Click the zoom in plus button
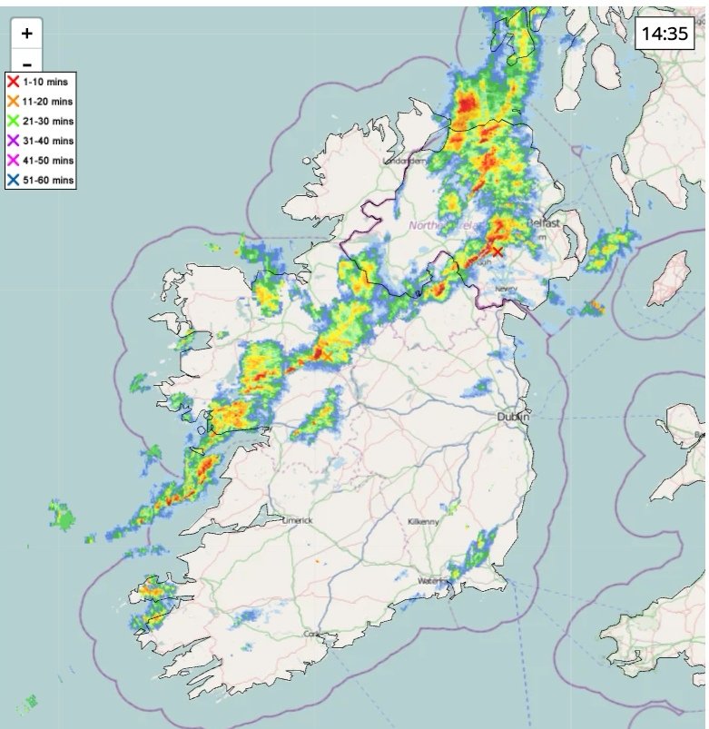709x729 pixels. (27, 34)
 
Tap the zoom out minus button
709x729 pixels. (27, 64)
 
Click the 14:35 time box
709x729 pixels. (664, 34)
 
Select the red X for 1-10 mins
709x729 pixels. (13, 82)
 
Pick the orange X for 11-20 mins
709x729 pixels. (13, 101)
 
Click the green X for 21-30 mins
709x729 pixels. (13, 121)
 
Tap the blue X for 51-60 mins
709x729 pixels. (13, 181)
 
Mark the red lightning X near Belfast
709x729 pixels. (497, 251)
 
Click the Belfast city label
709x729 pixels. (545, 222)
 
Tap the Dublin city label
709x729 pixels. (513, 417)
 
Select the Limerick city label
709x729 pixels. (297, 520)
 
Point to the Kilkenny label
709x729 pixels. (423, 521)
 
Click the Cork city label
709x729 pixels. (312, 633)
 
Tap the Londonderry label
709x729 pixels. (407, 161)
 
